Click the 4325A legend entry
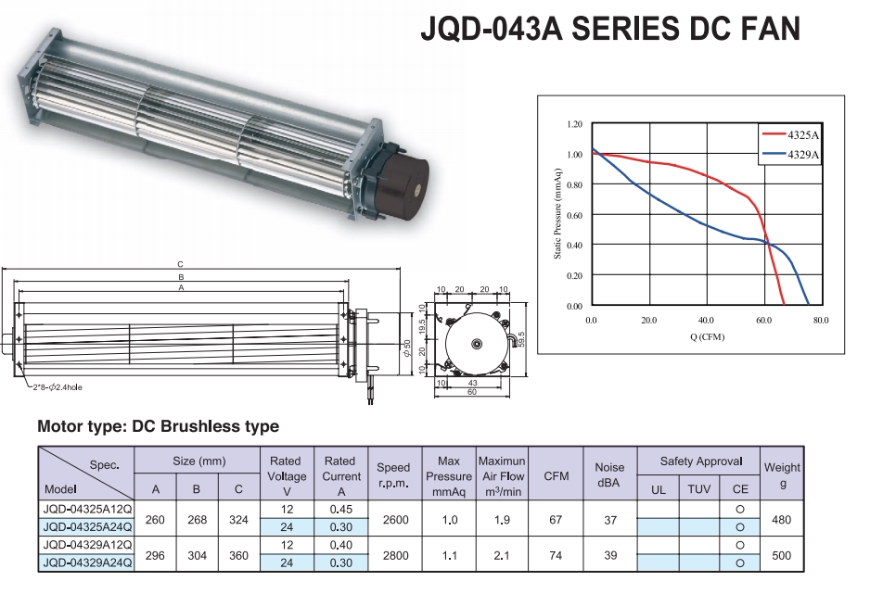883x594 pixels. tap(803, 135)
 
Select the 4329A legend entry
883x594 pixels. tap(803, 155)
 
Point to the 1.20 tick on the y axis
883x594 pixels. tap(574, 124)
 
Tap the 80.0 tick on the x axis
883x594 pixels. tap(821, 320)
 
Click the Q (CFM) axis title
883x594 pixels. tap(707, 336)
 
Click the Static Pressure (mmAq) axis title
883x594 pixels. tap(558, 214)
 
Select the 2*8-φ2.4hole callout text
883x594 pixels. tap(58, 386)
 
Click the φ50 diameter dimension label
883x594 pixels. tap(406, 350)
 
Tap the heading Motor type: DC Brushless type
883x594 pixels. tap(158, 427)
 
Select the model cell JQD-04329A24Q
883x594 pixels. tap(87, 562)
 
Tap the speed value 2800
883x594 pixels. tap(394, 553)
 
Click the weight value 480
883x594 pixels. tap(781, 520)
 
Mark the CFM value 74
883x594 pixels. tap(556, 553)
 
